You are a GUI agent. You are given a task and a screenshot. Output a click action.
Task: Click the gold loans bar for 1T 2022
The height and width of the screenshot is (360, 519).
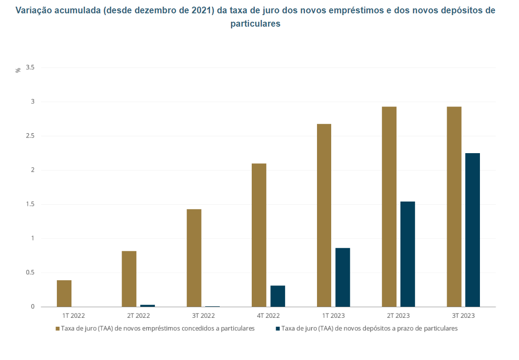click(x=64, y=293)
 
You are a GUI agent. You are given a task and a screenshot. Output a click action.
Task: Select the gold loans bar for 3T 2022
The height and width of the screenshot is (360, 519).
click(x=194, y=258)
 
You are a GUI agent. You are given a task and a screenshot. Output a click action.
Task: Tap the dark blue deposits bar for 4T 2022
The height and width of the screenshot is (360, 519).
click(x=277, y=296)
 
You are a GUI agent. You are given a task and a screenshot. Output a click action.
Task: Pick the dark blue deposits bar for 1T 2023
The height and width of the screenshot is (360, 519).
click(x=342, y=277)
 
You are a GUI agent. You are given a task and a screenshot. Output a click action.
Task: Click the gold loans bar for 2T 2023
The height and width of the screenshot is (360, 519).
click(x=389, y=207)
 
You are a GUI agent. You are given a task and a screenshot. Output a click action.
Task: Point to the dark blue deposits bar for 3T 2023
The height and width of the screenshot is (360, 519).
click(x=472, y=230)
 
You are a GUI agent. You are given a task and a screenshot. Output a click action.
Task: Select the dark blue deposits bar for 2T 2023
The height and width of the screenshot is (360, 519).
click(x=408, y=254)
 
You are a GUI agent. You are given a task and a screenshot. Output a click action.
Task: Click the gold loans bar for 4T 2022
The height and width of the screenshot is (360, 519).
click(x=259, y=235)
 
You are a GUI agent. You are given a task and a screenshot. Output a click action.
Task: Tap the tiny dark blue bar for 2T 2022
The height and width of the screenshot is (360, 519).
click(x=147, y=305)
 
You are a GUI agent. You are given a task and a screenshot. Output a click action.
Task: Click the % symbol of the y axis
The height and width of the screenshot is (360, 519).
click(x=18, y=70)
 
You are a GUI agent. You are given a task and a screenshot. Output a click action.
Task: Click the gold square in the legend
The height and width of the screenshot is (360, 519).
click(x=57, y=329)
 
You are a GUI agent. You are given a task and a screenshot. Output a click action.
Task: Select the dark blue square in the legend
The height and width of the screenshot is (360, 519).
click(x=278, y=329)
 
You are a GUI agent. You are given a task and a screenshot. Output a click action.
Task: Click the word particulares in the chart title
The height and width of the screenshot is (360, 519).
click(x=255, y=24)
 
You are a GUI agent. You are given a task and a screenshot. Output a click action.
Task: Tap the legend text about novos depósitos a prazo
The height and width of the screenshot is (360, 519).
click(x=369, y=329)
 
